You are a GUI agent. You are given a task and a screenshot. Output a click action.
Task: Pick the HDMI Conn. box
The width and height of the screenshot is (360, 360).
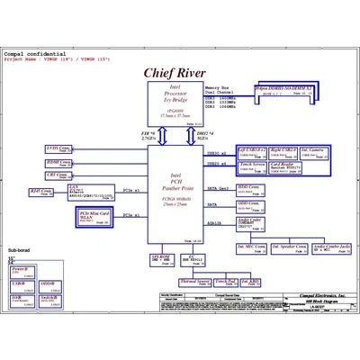pos(58,163)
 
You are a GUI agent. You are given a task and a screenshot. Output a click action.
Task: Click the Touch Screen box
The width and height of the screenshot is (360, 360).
pos(252,166)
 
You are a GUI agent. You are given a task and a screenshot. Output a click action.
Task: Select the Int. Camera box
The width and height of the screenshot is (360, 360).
pos(313,150)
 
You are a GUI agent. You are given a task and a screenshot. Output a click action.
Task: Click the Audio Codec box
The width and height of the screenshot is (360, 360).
pos(253,220)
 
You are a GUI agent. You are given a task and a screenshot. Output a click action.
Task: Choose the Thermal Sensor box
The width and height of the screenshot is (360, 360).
pos(193,281)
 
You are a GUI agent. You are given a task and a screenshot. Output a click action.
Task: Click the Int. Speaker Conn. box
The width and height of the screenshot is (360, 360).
pos(289,246)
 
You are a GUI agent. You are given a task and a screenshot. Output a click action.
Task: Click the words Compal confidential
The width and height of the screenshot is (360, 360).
pos(27,54)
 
